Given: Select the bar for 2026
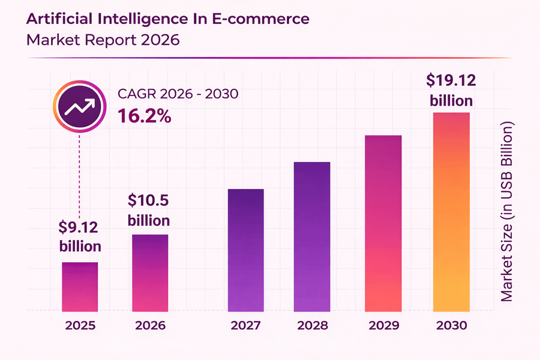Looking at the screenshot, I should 150,272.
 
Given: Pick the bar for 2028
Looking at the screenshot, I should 312,236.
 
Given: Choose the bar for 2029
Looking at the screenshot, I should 383,223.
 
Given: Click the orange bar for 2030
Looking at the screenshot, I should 451,211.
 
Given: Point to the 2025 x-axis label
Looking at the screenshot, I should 80,326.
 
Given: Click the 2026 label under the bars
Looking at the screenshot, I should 150,326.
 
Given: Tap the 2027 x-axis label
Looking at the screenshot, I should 246,326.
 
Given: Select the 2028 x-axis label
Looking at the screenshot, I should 312,326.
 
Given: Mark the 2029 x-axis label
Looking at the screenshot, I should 383,326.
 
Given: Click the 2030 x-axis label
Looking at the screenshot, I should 451,326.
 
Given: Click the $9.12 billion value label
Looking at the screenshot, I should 80,236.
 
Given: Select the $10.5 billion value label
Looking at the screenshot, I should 149,209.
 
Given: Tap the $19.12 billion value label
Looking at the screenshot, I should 451,90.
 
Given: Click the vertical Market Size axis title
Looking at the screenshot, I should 508,212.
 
